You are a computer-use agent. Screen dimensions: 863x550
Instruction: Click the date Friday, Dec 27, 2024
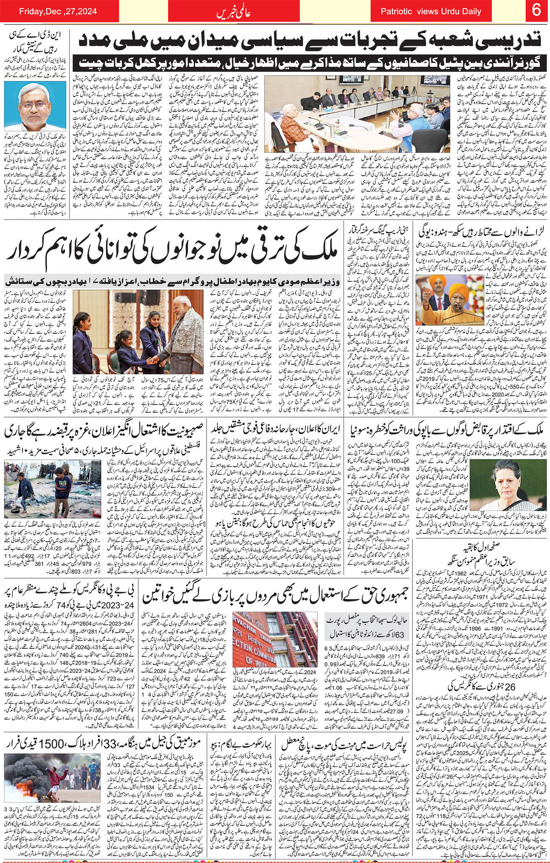coord(58,11)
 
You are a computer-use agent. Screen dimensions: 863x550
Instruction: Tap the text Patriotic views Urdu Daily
coord(431,12)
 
